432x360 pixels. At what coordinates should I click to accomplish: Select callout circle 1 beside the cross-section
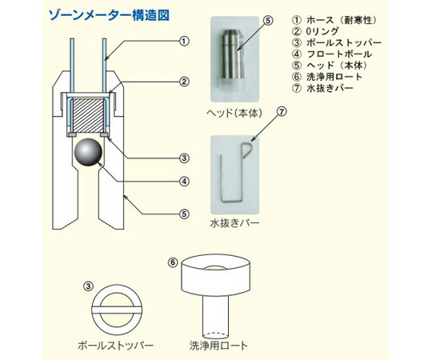(185, 41)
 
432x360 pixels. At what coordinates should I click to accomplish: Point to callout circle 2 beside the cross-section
(185, 81)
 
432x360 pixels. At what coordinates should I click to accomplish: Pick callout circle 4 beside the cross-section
(185, 181)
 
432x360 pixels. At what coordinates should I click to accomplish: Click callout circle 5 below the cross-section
(185, 214)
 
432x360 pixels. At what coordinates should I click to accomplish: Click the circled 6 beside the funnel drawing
(171, 262)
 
